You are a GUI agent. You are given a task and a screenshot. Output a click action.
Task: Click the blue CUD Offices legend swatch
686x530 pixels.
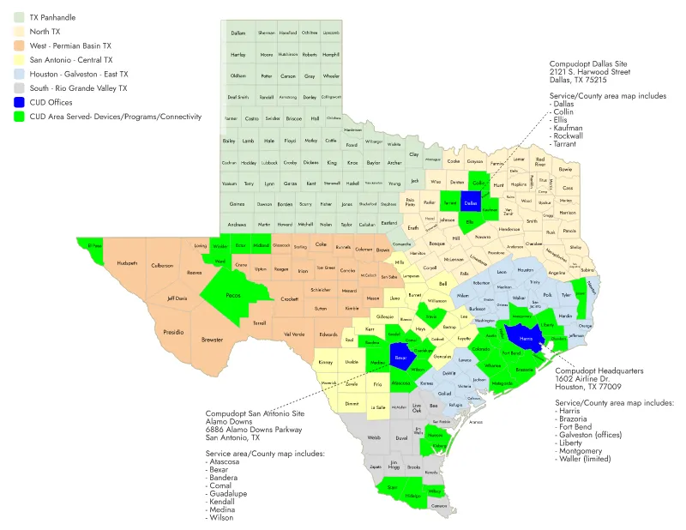pyautogui.click(x=18, y=102)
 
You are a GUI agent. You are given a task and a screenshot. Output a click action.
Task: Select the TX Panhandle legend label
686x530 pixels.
pyautogui.click(x=52, y=16)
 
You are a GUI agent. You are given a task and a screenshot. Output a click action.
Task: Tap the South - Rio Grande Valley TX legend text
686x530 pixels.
pyautogui.click(x=78, y=87)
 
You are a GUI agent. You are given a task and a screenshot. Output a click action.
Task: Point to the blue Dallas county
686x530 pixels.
pyautogui.click(x=470, y=202)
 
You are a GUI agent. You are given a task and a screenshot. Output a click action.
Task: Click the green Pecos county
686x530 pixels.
pyautogui.click(x=232, y=295)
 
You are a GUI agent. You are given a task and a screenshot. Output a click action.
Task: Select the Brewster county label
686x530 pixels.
pyautogui.click(x=212, y=340)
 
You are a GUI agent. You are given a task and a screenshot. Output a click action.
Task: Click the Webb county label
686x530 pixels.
pyautogui.click(x=373, y=437)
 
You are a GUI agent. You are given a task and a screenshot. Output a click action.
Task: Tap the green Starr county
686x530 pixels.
pyautogui.click(x=392, y=487)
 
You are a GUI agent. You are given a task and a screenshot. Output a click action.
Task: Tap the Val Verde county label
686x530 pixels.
pyautogui.click(x=292, y=334)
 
